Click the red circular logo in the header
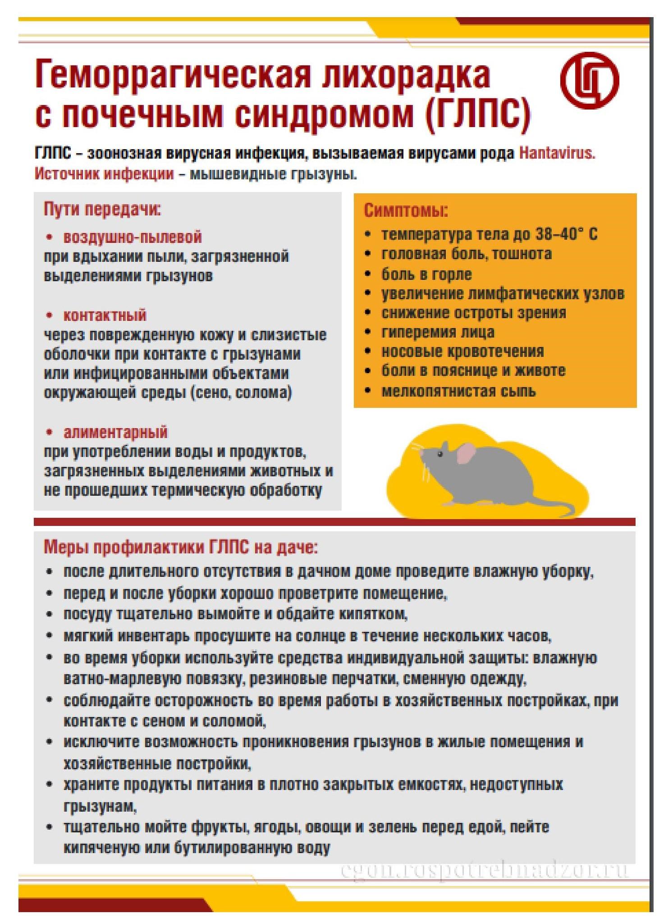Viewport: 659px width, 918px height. pos(590,80)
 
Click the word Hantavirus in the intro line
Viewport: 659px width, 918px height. pos(557,153)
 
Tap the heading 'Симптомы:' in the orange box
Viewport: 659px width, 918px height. pos(406,211)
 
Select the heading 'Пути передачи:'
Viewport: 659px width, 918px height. pos(102,210)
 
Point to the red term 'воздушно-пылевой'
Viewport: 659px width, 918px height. pos(133,237)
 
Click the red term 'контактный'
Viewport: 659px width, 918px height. pos(105,315)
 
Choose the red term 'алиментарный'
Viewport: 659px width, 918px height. pos(115,432)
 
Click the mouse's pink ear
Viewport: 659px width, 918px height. pos(465,453)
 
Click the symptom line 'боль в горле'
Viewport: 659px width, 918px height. pos(426,274)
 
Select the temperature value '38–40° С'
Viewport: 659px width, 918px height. pos(566,234)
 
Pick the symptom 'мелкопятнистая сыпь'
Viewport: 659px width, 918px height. pos(458,390)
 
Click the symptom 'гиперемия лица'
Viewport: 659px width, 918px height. pos(438,332)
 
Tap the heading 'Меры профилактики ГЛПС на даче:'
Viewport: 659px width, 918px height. pos(180,548)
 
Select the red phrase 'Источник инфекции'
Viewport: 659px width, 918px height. pos(104,174)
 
